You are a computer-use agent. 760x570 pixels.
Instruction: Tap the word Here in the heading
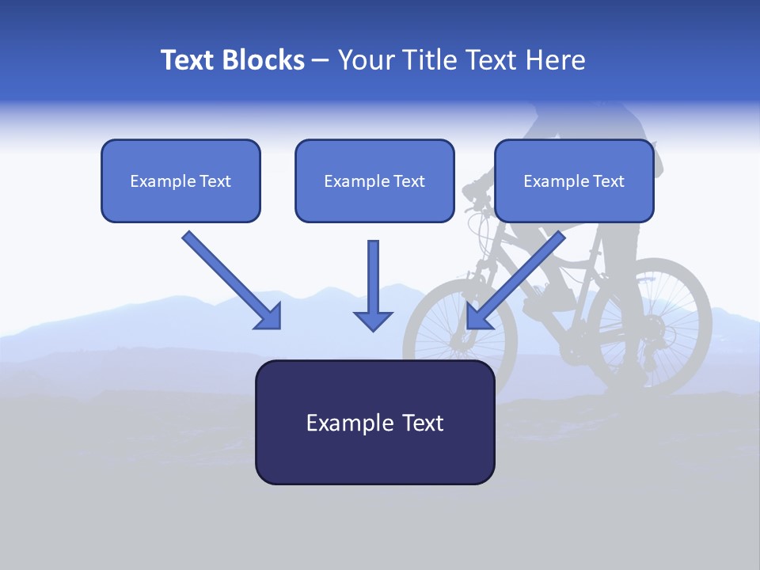click(x=555, y=60)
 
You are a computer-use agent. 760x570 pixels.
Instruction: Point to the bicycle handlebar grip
click(x=472, y=190)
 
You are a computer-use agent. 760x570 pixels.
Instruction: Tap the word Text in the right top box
click(x=609, y=181)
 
